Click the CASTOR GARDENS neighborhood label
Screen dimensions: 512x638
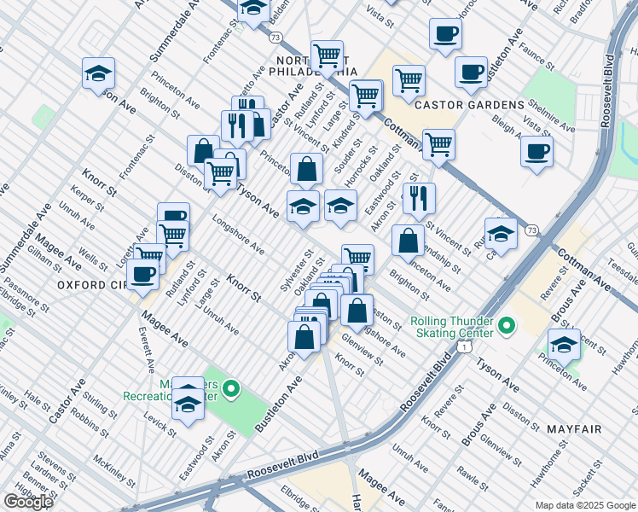pos(468,104)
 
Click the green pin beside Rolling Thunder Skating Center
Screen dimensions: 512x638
pos(506,326)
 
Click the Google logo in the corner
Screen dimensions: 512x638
pos(27,501)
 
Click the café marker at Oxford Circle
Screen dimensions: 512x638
pos(142,273)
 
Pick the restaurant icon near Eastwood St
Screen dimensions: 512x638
pos(418,199)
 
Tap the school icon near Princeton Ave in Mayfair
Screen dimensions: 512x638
pos(564,344)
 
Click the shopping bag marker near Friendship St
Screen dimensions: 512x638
pos(409,241)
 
